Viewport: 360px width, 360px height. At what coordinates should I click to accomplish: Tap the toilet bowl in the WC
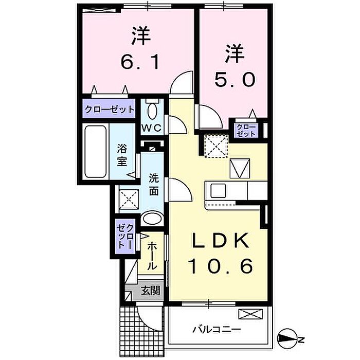(152, 111)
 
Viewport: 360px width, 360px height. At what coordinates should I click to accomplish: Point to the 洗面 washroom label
(154, 184)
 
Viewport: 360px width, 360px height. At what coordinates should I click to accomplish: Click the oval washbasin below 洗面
(152, 218)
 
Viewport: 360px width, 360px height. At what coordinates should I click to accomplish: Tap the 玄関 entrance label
(150, 291)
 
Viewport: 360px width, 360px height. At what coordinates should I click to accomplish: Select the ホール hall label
(152, 256)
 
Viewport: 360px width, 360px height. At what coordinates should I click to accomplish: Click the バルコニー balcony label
(217, 330)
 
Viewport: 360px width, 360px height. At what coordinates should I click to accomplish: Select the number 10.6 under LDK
(221, 266)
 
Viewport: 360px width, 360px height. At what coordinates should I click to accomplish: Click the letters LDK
(221, 240)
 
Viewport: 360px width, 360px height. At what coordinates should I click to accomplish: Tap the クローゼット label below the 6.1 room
(109, 109)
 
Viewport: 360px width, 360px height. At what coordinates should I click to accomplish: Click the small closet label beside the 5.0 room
(246, 130)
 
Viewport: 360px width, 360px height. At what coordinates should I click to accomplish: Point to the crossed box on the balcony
(250, 314)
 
